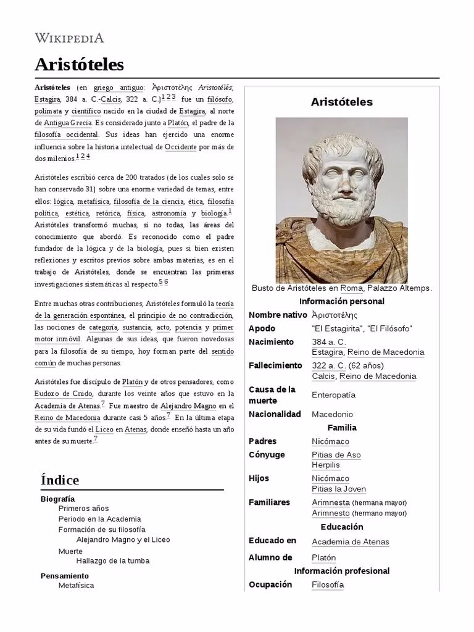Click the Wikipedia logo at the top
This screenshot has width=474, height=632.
69,38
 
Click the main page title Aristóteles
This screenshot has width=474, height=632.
79,64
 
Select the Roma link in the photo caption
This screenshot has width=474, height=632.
351,288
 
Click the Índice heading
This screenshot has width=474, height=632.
60,480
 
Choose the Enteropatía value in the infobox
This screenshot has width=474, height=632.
333,395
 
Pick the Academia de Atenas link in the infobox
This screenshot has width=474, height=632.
350,542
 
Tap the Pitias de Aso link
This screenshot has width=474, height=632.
336,455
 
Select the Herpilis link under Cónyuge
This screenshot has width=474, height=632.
326,465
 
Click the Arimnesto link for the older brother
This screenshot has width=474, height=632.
331,513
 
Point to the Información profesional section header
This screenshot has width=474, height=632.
341,571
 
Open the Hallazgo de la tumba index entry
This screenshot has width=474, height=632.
112,561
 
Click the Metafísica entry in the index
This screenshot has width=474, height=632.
76,585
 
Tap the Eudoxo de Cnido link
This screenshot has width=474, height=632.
64,394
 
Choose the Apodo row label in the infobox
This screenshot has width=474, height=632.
262,328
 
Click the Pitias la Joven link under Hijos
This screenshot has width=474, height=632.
339,489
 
